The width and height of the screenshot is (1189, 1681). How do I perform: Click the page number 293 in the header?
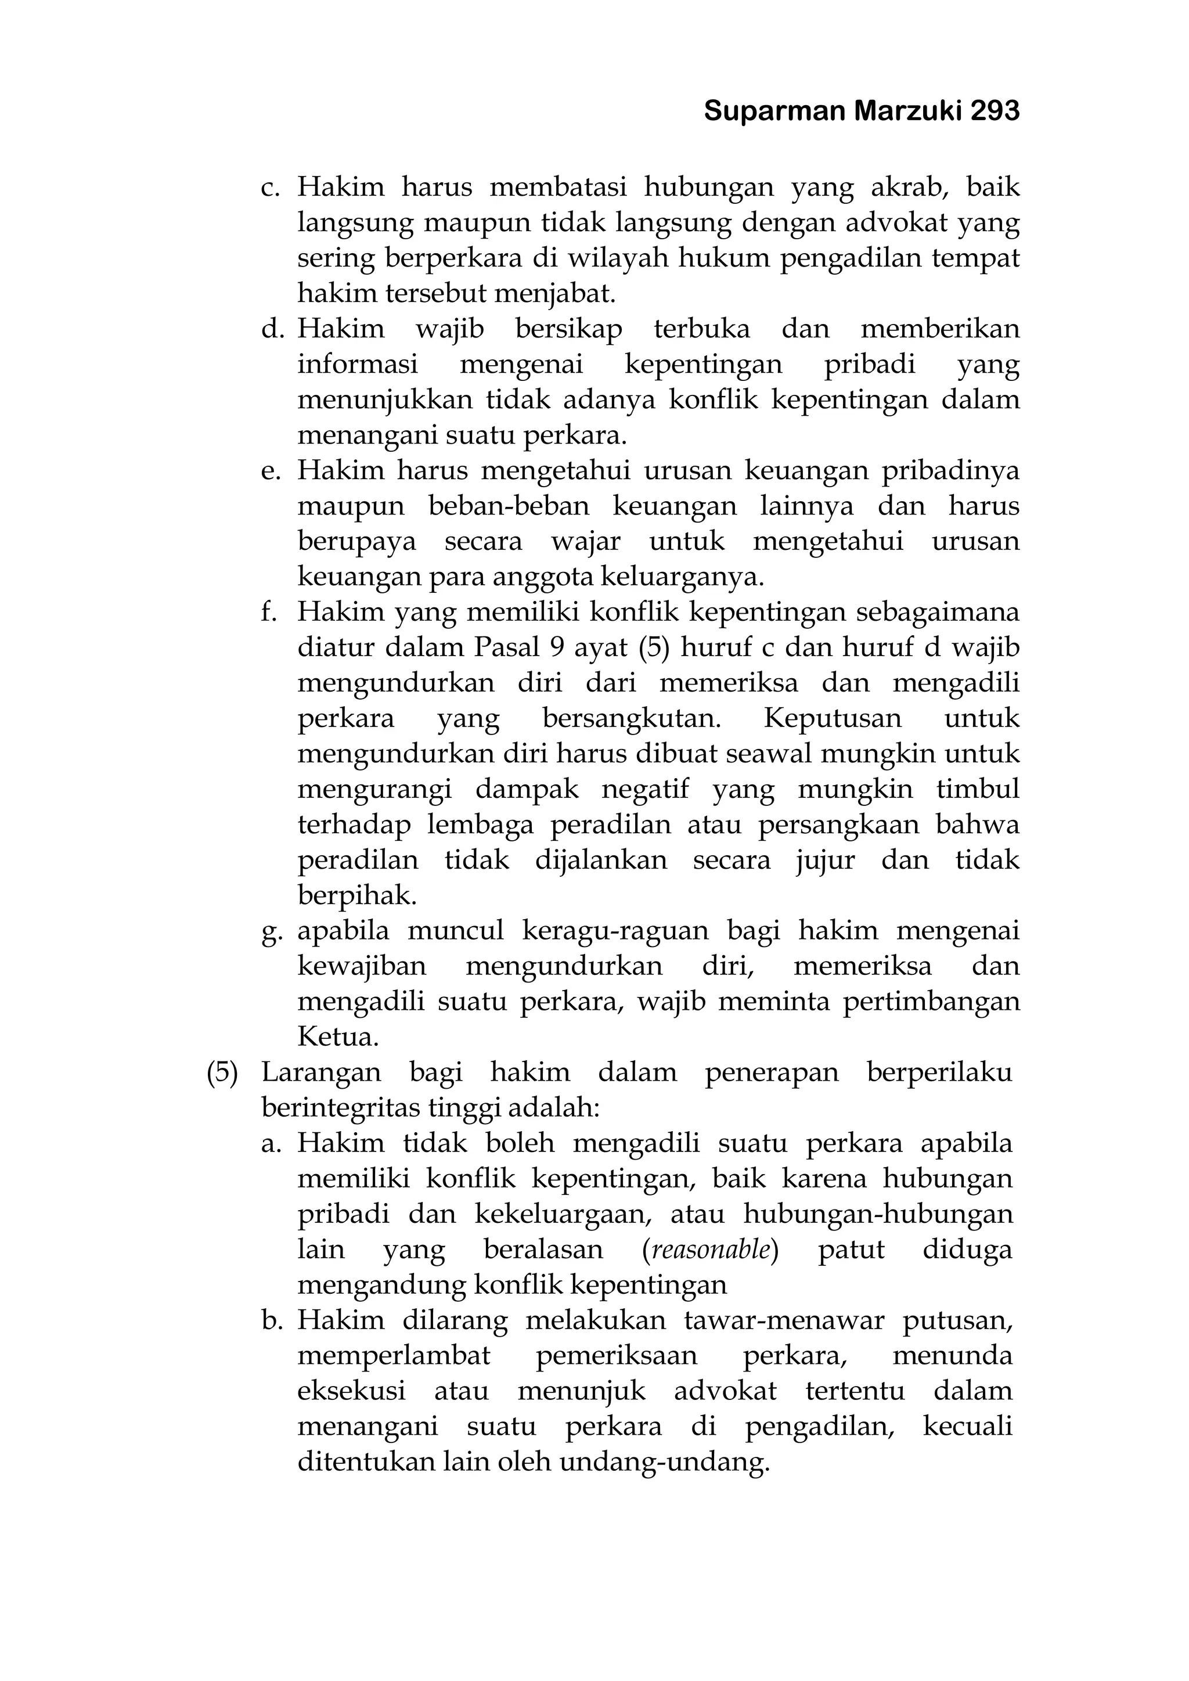pos(995,111)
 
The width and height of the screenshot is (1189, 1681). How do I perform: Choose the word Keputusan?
pos(833,718)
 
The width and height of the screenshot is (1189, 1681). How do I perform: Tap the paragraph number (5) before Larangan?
pos(222,1072)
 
